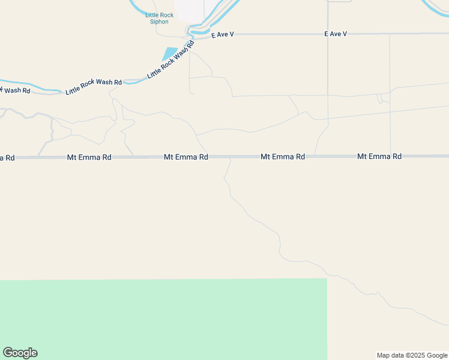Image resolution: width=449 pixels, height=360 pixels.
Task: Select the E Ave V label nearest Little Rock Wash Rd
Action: tap(222, 35)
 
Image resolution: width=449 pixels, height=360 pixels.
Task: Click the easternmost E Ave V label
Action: tap(336, 34)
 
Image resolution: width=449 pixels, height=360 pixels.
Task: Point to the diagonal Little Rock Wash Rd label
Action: tap(171, 59)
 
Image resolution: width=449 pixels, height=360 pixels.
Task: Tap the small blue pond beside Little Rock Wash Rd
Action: tap(170, 53)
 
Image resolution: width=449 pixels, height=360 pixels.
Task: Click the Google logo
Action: tap(20, 353)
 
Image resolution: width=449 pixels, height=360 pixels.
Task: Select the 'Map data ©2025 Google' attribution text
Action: tap(412, 355)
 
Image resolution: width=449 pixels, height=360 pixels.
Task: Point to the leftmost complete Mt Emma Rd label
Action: tap(89, 157)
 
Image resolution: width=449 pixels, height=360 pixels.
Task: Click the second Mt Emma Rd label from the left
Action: tap(186, 157)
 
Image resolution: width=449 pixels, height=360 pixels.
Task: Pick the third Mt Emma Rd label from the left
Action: tap(283, 157)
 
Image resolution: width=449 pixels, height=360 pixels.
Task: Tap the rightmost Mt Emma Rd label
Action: tap(379, 156)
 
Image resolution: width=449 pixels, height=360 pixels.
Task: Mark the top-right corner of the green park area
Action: tap(327, 279)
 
